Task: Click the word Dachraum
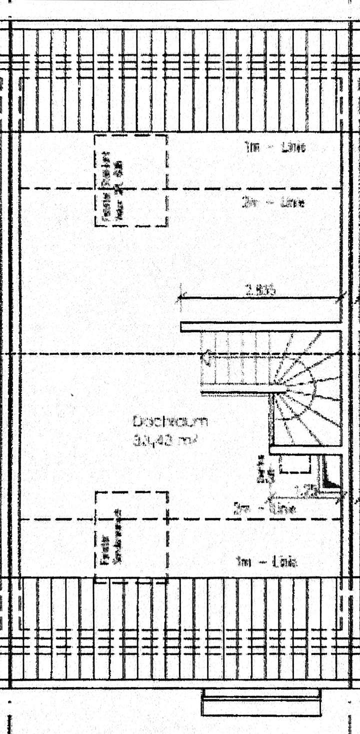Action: click(x=170, y=421)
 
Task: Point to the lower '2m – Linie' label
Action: click(x=264, y=509)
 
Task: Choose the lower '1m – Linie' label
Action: click(x=266, y=562)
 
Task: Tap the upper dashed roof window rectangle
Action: click(x=131, y=180)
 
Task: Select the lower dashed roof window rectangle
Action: click(x=131, y=535)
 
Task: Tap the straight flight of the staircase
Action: click(x=235, y=363)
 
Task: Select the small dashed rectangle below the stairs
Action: click(x=294, y=464)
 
